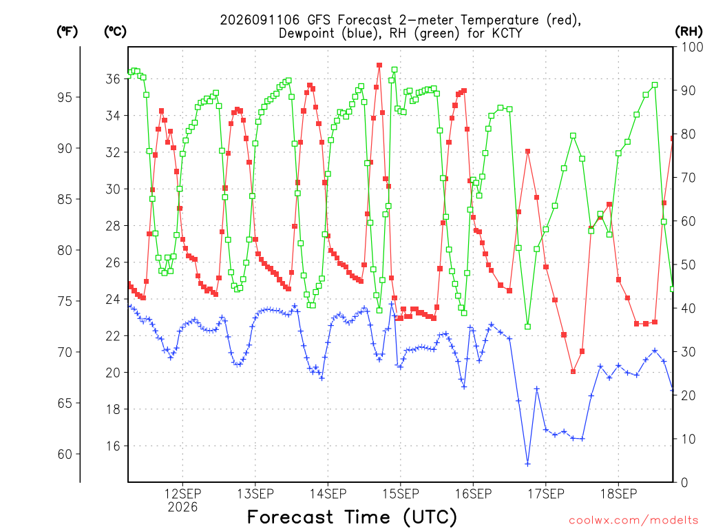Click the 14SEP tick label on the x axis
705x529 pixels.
coord(328,494)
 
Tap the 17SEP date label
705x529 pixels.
coord(546,494)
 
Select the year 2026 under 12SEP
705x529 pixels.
coord(182,508)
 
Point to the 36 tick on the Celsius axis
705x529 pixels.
coord(113,79)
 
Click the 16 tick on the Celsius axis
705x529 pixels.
coord(113,446)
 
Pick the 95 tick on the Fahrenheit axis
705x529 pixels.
coord(65,97)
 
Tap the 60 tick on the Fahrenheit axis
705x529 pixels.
coord(65,454)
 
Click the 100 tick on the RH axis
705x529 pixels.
coord(692,47)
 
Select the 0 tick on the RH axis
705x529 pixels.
coord(684,483)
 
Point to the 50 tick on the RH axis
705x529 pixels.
coord(688,264)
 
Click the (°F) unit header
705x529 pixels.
coord(67,32)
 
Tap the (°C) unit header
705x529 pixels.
coord(115,32)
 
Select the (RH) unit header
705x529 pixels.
coord(688,32)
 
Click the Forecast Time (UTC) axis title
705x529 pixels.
coord(352,517)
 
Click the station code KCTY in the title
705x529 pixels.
coord(507,33)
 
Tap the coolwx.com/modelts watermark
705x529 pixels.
coord(633,521)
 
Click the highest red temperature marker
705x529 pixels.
coord(379,65)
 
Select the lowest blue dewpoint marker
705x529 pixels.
coord(528,464)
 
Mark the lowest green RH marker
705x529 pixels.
coord(528,326)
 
